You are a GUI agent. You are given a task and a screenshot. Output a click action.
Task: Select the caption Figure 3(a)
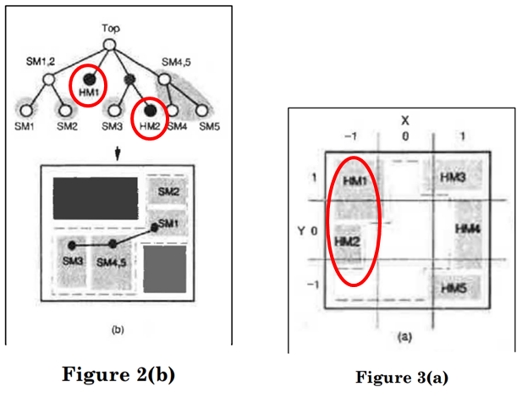tap(401, 376)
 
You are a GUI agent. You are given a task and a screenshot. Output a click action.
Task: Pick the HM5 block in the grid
tap(454, 288)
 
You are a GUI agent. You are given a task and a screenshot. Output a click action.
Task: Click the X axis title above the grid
tap(404, 119)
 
